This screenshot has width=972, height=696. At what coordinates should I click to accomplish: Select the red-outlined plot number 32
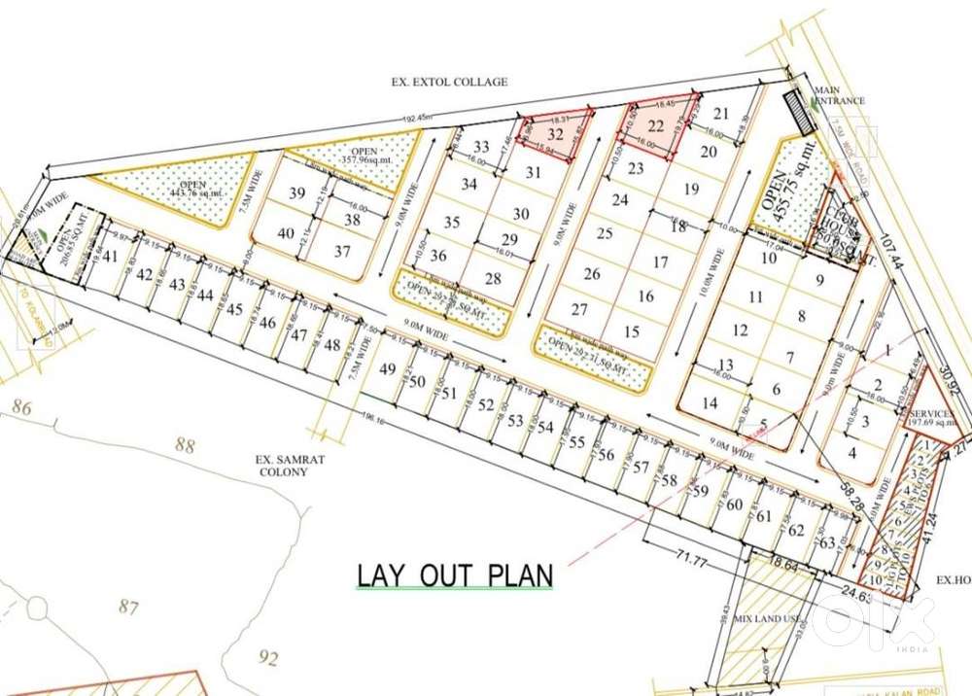point(556,134)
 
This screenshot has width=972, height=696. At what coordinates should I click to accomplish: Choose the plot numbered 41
point(111,258)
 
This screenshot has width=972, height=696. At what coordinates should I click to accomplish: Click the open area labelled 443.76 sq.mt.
point(179,189)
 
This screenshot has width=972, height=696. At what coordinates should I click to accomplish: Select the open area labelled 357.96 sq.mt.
point(363,157)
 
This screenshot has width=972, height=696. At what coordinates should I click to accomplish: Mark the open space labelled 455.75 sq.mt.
point(784,190)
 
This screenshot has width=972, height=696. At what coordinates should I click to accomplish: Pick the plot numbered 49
point(388,369)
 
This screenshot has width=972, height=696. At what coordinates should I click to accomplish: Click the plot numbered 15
point(632,332)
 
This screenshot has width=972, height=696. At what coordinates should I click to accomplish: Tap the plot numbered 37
point(343,251)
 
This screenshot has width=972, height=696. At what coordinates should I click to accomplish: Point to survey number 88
point(185,446)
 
